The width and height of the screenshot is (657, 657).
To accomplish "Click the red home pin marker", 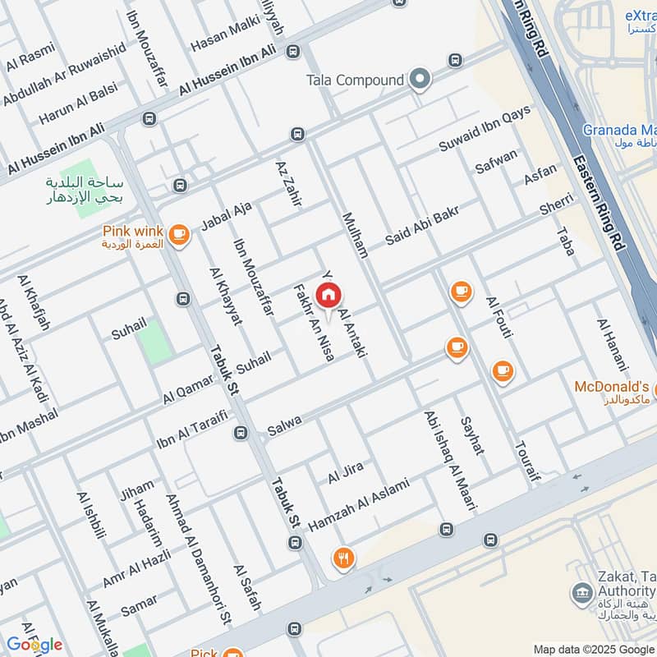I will pos(328,295).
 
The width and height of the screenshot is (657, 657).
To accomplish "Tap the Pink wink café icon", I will pos(177,236).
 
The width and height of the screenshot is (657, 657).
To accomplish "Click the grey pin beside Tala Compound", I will pos(420,80).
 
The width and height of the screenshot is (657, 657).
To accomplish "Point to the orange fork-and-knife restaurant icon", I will pos(343,558).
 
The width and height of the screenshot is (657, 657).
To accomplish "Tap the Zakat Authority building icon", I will pos(581,592).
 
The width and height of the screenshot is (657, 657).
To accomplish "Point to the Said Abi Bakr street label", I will pos(421,227).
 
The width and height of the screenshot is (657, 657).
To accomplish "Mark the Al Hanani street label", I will pos(612,344).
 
